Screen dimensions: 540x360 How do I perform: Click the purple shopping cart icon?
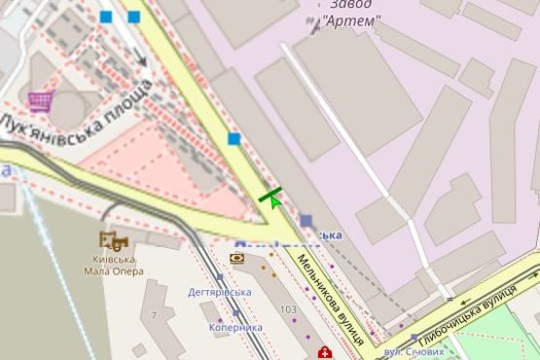coord(40,100)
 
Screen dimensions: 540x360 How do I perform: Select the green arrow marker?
coord(272,197)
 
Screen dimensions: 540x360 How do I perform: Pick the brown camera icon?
coord(237,258)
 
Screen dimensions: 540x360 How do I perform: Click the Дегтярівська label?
coord(220,292)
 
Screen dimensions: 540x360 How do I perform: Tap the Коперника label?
coord(235,327)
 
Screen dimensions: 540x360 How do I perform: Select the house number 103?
coord(288,309)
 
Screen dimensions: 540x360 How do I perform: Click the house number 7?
coord(154,315)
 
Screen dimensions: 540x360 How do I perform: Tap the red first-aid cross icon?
coord(323,351)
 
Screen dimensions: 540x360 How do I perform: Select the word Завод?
coord(349,5)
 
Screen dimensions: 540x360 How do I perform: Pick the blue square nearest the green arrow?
coord(234,139)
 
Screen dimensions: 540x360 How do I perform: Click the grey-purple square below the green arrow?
coord(306,221)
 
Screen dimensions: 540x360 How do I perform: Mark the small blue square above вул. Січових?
coord(414,339)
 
